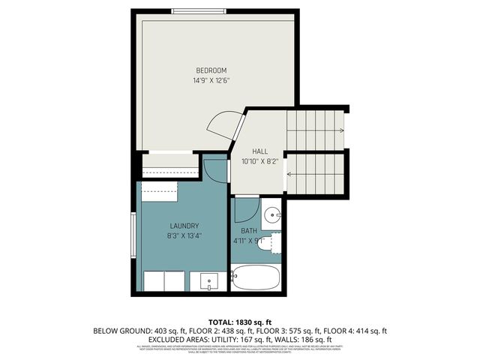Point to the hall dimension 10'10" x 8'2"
point(259,160)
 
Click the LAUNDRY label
point(184,226)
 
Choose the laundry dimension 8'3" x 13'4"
point(184,235)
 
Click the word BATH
point(249,231)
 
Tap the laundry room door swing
point(215,169)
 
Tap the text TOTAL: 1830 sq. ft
point(239,322)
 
